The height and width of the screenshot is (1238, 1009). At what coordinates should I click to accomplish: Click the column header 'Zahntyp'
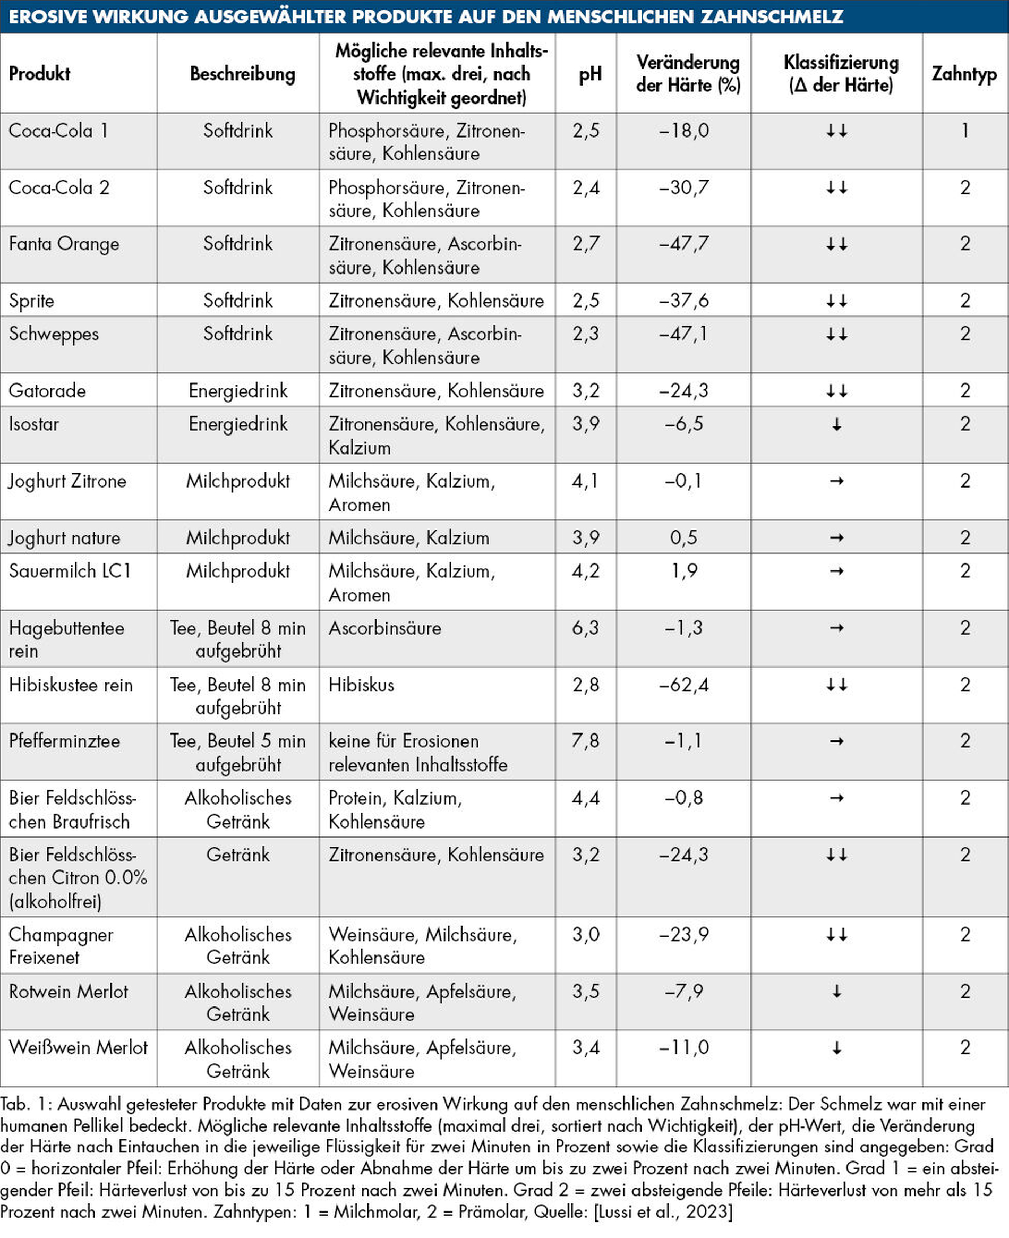coord(964,74)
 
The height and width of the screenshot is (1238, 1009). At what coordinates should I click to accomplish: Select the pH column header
coord(590,74)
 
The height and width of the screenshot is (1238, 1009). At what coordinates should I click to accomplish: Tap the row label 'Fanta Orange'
coord(64,244)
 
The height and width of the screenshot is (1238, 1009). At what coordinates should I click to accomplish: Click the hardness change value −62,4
coord(683,685)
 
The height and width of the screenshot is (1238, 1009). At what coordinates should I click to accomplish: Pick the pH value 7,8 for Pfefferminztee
coord(585,741)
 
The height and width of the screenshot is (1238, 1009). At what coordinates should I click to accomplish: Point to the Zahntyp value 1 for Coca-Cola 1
coord(965,130)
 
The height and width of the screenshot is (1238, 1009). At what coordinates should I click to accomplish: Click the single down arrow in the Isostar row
coord(836,425)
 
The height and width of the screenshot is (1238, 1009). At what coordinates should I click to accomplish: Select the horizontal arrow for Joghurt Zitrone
coord(836,481)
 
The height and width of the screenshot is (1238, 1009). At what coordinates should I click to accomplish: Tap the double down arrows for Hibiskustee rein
coord(836,685)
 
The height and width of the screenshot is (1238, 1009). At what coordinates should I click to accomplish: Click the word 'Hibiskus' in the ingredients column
coord(361,685)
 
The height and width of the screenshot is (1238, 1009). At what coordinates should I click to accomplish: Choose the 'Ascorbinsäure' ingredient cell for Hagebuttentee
coord(385,628)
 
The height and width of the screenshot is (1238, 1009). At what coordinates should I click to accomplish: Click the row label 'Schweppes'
coord(54,334)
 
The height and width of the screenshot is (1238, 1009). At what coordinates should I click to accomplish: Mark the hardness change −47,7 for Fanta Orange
coord(683,244)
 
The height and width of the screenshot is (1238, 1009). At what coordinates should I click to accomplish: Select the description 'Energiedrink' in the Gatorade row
coord(238,390)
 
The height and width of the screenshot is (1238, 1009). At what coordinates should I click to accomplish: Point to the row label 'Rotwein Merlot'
coord(68,992)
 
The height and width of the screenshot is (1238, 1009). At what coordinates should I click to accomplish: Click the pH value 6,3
coord(585,628)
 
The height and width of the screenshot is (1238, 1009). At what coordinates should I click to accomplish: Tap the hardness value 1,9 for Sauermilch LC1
coord(684,571)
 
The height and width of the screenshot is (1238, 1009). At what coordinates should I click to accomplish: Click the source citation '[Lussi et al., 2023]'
coord(663,1212)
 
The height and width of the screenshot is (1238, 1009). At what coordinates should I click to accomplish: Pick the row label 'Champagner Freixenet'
coord(61,946)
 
